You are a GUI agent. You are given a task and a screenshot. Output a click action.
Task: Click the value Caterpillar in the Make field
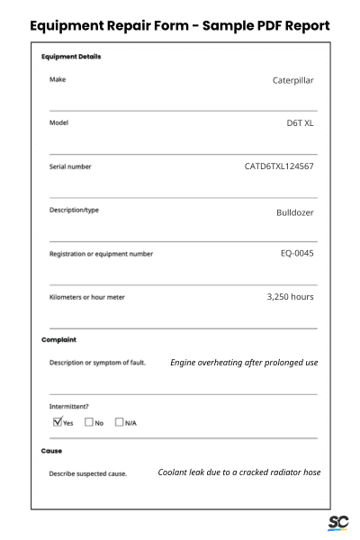[x=292, y=80]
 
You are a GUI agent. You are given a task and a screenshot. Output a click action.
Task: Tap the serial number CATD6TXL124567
[x=279, y=166]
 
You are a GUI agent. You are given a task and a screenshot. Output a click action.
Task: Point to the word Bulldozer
[x=295, y=213]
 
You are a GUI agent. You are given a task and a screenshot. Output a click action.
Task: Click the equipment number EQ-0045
[x=297, y=253]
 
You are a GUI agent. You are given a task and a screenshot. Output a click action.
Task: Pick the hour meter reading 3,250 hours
[x=290, y=296]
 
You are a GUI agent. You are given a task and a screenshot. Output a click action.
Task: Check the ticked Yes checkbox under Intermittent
[x=58, y=421]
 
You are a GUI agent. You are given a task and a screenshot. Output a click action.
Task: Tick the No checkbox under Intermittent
[x=89, y=421]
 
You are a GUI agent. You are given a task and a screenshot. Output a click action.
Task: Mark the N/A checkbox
[x=119, y=421]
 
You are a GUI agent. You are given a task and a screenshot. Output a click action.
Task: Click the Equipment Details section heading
[x=71, y=57]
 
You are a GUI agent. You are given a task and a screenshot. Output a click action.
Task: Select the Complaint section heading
[x=58, y=340]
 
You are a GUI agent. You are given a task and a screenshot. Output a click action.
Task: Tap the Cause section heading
[x=51, y=450]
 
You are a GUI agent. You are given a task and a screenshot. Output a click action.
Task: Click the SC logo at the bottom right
[x=337, y=523]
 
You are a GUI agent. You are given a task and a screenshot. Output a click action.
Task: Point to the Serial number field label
[x=70, y=166]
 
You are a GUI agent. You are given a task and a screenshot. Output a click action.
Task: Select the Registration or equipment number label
[x=101, y=254]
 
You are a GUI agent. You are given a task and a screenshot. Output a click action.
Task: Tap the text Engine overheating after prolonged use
[x=244, y=363]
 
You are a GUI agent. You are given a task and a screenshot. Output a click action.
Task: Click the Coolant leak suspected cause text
[x=238, y=472]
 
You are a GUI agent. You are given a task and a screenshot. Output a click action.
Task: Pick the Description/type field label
[x=74, y=211]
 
